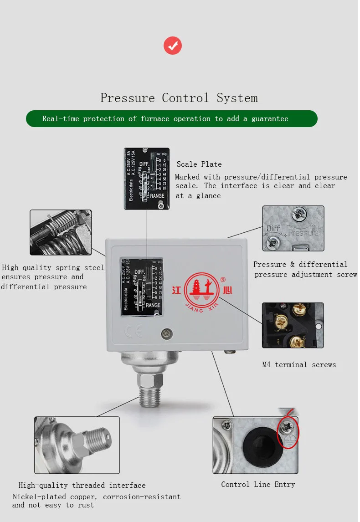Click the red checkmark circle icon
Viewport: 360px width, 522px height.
tap(173, 46)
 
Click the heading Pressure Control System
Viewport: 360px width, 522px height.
tap(179, 98)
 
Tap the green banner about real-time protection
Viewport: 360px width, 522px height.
tap(172, 118)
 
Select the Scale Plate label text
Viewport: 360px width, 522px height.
tap(199, 164)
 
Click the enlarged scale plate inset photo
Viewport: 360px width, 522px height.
tap(147, 179)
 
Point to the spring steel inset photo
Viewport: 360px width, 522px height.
tap(61, 232)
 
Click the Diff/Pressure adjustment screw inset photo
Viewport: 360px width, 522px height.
tap(293, 228)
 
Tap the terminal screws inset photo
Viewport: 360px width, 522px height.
tap(293, 325)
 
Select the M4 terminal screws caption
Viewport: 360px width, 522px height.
tap(299, 364)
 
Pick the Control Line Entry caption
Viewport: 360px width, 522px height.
tap(258, 484)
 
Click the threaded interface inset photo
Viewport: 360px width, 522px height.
tap(77, 445)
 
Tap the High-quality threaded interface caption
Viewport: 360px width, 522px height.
tap(82, 485)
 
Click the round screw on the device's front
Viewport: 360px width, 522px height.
tap(167, 334)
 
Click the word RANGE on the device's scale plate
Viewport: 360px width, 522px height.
tap(153, 305)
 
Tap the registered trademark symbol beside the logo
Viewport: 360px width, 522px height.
tap(223, 279)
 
